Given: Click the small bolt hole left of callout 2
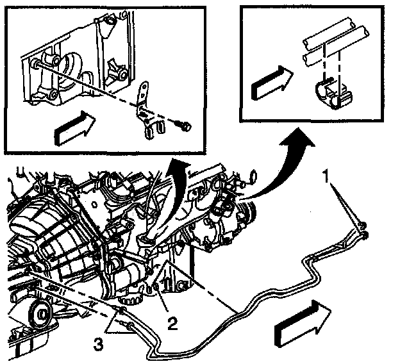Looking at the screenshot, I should tap(156, 294).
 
